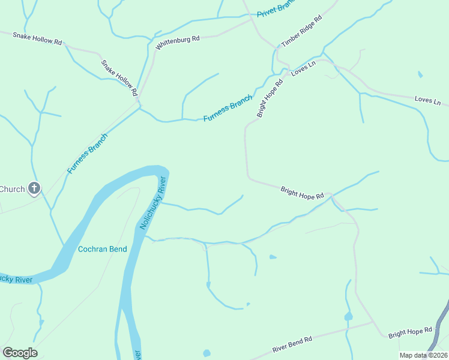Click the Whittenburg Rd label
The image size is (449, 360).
177,42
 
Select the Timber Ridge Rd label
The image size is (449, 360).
302,31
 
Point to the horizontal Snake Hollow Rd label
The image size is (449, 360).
38,38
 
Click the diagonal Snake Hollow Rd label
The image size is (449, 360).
119,77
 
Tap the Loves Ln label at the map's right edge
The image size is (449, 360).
427,100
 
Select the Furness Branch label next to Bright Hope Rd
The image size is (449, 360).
228,108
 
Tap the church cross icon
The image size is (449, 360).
34,189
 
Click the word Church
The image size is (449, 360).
12,189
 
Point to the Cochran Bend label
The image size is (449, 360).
103,248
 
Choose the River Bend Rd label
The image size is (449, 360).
292,344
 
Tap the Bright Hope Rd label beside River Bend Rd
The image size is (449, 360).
410,331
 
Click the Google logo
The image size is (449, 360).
20,353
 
